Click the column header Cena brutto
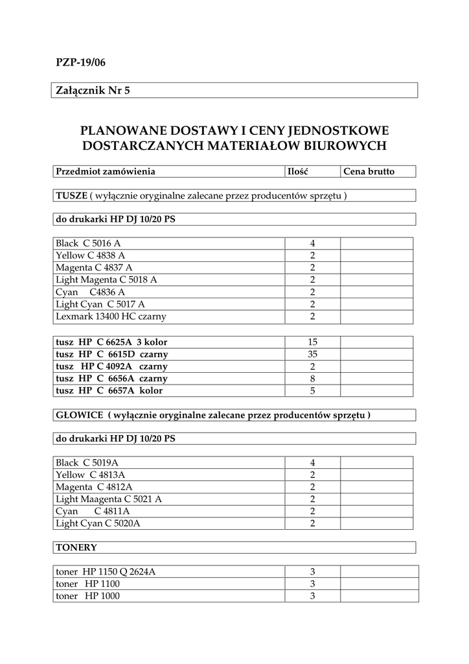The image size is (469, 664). pos(369,172)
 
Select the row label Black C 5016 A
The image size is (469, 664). pos(88,243)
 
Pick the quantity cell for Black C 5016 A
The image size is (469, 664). pos(312,243)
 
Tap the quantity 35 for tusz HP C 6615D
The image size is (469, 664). pos(312,354)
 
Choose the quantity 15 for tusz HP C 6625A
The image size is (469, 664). pos(312,342)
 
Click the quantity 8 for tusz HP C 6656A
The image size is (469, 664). pos(312,379)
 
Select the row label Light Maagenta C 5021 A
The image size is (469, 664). pos(109,499)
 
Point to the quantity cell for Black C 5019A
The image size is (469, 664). pos(312,462)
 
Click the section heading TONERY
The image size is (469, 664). pos(76,547)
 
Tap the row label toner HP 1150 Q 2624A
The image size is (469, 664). pos(106,572)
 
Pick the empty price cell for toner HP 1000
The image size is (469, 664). pos(378,597)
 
